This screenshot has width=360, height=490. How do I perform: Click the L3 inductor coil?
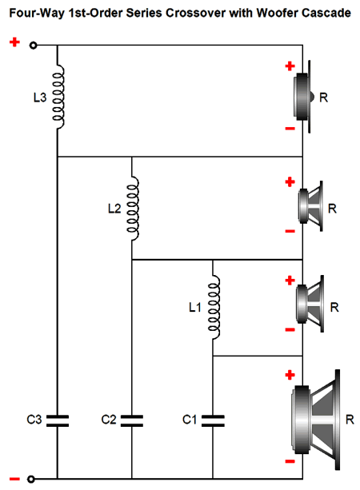(x=59, y=97)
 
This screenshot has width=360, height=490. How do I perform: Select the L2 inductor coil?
(x=134, y=209)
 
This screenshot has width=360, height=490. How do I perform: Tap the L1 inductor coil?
(x=214, y=308)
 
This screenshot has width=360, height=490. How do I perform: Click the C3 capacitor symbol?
(x=58, y=420)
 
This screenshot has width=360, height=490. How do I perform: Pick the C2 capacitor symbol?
(x=132, y=420)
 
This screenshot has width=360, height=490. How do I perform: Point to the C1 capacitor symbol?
(x=213, y=420)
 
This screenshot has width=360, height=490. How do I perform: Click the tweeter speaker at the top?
(x=303, y=97)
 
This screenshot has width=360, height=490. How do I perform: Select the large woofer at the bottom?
(x=316, y=420)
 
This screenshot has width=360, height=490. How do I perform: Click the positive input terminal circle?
(x=33, y=46)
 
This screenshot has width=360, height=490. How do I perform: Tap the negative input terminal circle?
(x=30, y=479)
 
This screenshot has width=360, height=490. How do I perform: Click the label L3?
(x=40, y=98)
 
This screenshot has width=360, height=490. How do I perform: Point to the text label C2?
(x=109, y=420)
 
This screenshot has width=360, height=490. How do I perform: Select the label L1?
(x=194, y=308)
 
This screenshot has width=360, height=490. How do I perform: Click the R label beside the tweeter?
(x=324, y=98)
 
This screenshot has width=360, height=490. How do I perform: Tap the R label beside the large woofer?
(x=350, y=420)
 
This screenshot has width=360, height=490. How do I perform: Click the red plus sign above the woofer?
(x=290, y=374)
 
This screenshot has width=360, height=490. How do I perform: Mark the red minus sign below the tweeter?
(x=290, y=129)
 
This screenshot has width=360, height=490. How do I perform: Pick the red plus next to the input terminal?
(x=14, y=42)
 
